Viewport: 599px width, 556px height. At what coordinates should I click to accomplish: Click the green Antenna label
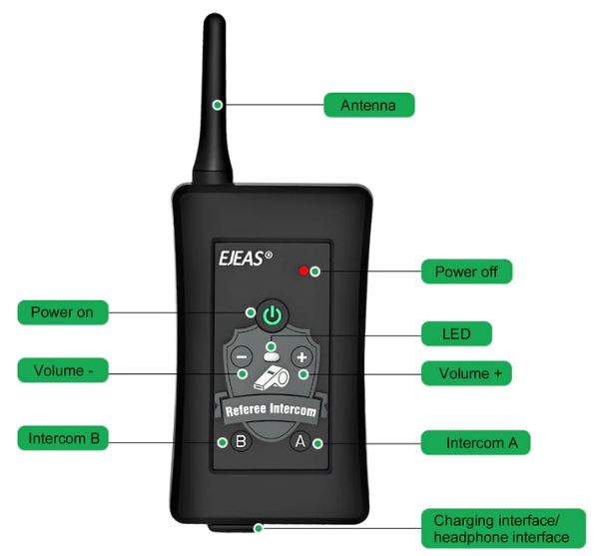369,105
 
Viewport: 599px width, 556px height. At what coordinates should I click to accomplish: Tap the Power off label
466,272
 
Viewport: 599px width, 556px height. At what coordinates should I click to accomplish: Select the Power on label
63,312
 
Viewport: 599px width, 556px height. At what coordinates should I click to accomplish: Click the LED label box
456,333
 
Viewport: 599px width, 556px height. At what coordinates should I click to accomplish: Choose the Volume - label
63,370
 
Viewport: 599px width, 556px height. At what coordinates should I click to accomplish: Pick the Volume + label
466,373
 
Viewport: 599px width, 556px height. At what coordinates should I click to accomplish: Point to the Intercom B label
63,437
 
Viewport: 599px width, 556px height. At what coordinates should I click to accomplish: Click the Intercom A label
475,442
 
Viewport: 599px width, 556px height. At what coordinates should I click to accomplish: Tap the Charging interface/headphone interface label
503,528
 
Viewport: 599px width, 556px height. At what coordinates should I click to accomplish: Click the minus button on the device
242,357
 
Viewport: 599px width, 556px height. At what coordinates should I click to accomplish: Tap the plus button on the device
301,357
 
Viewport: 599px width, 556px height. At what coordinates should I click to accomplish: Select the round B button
241,441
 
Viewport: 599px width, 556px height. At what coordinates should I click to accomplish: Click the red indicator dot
303,271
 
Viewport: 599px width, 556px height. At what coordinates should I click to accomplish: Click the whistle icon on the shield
272,377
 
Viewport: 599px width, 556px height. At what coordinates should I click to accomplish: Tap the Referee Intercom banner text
271,409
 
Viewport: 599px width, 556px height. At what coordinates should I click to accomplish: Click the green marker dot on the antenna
218,105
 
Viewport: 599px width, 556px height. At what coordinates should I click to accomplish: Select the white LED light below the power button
272,357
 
